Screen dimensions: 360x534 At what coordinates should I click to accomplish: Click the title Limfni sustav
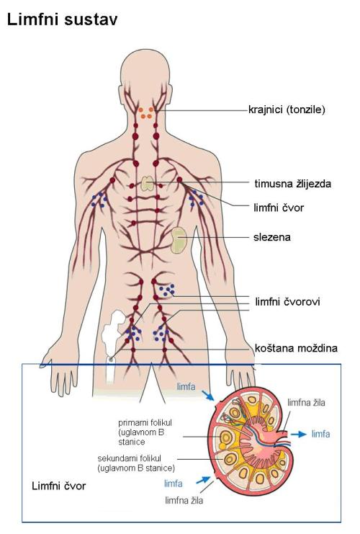click(x=62, y=19)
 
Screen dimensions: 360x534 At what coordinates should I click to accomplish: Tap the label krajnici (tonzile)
click(x=287, y=110)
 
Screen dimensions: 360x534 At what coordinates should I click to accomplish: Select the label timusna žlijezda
click(x=292, y=184)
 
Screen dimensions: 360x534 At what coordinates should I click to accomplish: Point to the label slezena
click(x=272, y=237)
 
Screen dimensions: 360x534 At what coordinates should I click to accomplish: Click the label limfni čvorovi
click(x=287, y=301)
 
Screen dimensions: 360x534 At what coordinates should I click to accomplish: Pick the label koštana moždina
click(x=296, y=348)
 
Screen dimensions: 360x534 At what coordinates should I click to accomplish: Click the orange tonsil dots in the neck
click(x=147, y=112)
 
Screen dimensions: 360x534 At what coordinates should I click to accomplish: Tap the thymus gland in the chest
click(x=148, y=184)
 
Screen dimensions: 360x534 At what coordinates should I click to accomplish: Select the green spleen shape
click(x=179, y=241)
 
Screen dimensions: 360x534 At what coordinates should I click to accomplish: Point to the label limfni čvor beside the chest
click(x=279, y=208)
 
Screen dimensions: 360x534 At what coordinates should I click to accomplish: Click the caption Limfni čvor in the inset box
click(x=58, y=486)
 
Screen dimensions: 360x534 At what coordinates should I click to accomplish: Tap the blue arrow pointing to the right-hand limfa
click(x=298, y=434)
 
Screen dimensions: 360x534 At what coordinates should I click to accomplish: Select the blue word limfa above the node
click(x=186, y=386)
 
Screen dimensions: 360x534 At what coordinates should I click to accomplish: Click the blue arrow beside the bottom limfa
click(x=203, y=480)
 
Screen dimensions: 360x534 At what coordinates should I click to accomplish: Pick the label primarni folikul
click(x=145, y=432)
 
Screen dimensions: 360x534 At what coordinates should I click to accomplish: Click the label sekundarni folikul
click(x=136, y=463)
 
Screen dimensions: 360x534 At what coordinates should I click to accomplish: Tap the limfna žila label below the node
click(x=184, y=500)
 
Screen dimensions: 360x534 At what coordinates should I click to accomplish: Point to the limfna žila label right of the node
click(x=306, y=403)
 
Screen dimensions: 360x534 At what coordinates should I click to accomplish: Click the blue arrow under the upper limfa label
click(x=207, y=396)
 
